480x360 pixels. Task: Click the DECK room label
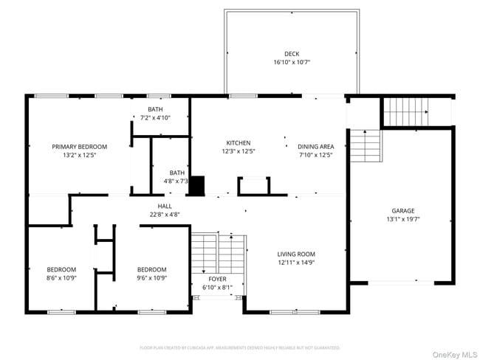(292, 53)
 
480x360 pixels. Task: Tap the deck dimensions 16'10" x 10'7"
(292, 62)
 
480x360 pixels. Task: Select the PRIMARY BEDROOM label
(80, 146)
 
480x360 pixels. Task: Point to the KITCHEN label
(239, 143)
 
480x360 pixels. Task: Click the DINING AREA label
(316, 146)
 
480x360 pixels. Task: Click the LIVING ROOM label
(296, 254)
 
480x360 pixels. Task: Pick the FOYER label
(217, 279)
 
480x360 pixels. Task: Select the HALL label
(164, 206)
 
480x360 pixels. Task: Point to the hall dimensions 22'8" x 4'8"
(164, 215)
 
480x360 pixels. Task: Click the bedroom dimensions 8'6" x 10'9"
(61, 277)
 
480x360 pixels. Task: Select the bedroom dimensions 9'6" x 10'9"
(151, 277)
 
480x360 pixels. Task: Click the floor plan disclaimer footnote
(240, 347)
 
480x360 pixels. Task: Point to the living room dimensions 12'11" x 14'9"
(296, 263)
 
